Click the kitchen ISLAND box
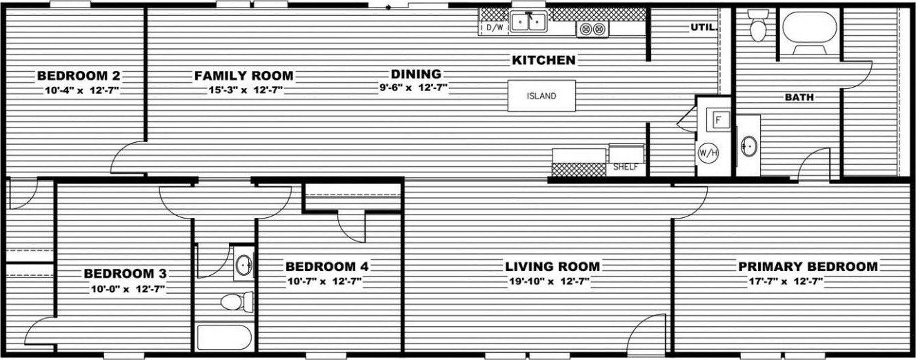pos(541,96)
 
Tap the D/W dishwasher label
pos(495,28)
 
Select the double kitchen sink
pos(528,23)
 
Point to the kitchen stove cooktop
pos(593,29)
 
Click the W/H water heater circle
pos(708,152)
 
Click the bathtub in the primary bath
pos(809,31)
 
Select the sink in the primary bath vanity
pos(748,146)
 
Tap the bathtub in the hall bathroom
pos(226,337)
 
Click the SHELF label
pos(626,166)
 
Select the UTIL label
pos(702,28)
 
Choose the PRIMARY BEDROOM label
pos(808,266)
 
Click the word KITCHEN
pos(544,60)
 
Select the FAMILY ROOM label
pos(243,75)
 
